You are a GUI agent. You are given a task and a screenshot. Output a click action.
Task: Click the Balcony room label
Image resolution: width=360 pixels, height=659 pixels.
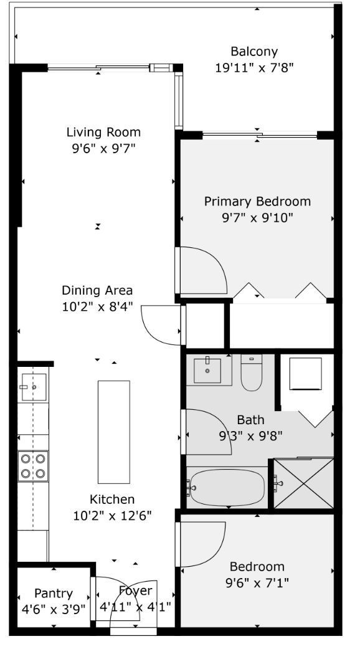click(254, 52)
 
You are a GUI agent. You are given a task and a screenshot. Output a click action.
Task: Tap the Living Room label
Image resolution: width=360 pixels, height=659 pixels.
click(103, 133)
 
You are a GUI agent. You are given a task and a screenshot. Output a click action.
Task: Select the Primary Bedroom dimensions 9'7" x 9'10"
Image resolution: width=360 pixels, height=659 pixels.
click(257, 217)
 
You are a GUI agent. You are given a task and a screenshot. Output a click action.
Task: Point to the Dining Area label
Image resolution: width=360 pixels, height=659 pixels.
click(97, 290)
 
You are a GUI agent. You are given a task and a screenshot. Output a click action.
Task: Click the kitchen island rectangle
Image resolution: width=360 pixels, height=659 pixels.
click(114, 432)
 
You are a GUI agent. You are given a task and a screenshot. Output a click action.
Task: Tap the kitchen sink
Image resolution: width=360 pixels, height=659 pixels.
click(34, 387)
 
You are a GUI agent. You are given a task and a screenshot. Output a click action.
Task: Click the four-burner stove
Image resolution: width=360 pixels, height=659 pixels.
click(33, 466)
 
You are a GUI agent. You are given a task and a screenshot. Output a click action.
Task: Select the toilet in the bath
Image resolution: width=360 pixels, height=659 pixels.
click(251, 372)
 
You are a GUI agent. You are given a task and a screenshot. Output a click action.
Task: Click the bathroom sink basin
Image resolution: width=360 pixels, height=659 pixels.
click(207, 370)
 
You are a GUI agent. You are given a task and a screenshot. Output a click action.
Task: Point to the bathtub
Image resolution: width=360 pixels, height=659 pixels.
click(227, 488)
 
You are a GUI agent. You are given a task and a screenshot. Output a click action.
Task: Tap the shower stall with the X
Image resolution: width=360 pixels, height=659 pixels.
click(304, 484)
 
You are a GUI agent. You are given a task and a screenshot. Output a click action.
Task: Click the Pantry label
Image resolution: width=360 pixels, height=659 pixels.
click(54, 594)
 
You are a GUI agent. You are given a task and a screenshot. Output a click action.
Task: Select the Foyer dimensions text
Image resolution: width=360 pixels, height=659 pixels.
click(135, 607)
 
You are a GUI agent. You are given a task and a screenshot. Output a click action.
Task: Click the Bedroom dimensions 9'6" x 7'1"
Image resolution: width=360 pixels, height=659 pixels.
click(257, 582)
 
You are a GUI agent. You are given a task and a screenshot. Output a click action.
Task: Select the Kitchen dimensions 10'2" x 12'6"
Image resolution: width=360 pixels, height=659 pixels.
click(113, 515)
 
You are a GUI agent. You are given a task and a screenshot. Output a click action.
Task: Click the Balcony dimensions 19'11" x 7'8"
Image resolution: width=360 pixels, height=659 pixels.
click(254, 68)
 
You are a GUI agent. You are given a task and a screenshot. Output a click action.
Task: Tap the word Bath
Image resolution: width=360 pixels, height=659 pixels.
click(251, 419)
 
